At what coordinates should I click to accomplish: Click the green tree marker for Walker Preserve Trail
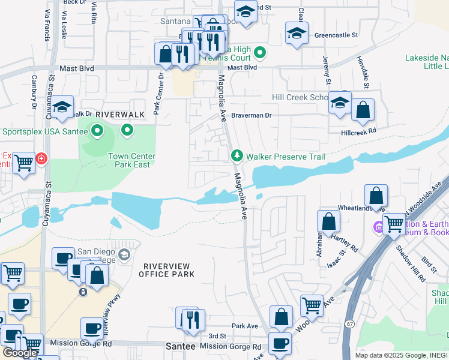click(238, 156)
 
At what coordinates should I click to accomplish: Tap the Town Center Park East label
click(131, 160)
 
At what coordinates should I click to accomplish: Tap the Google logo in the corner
click(20, 353)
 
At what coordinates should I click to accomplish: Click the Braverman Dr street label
click(252, 115)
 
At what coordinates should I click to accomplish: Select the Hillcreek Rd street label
click(358, 130)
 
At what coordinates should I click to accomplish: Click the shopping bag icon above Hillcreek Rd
click(363, 111)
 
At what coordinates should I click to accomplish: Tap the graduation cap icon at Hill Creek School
click(340, 103)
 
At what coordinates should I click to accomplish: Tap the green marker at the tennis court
click(260, 53)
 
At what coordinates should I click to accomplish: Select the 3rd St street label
click(217, 337)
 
